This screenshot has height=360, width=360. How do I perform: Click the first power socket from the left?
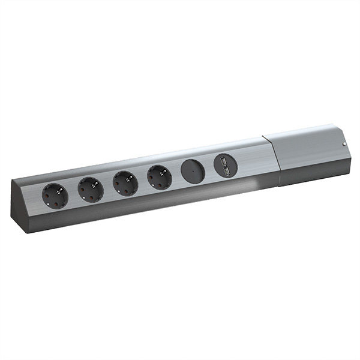tap(55, 196)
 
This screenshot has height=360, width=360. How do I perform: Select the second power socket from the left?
tap(91, 190)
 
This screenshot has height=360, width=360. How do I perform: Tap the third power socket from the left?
tap(125, 183)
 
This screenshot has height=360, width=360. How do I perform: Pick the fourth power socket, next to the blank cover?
tap(160, 177)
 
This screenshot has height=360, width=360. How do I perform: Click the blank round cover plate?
tap(193, 171)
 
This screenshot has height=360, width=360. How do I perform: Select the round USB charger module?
tap(225, 166)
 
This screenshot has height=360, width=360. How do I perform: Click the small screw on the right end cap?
tap(344, 145)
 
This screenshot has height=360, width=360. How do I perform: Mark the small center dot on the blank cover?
tap(193, 172)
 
